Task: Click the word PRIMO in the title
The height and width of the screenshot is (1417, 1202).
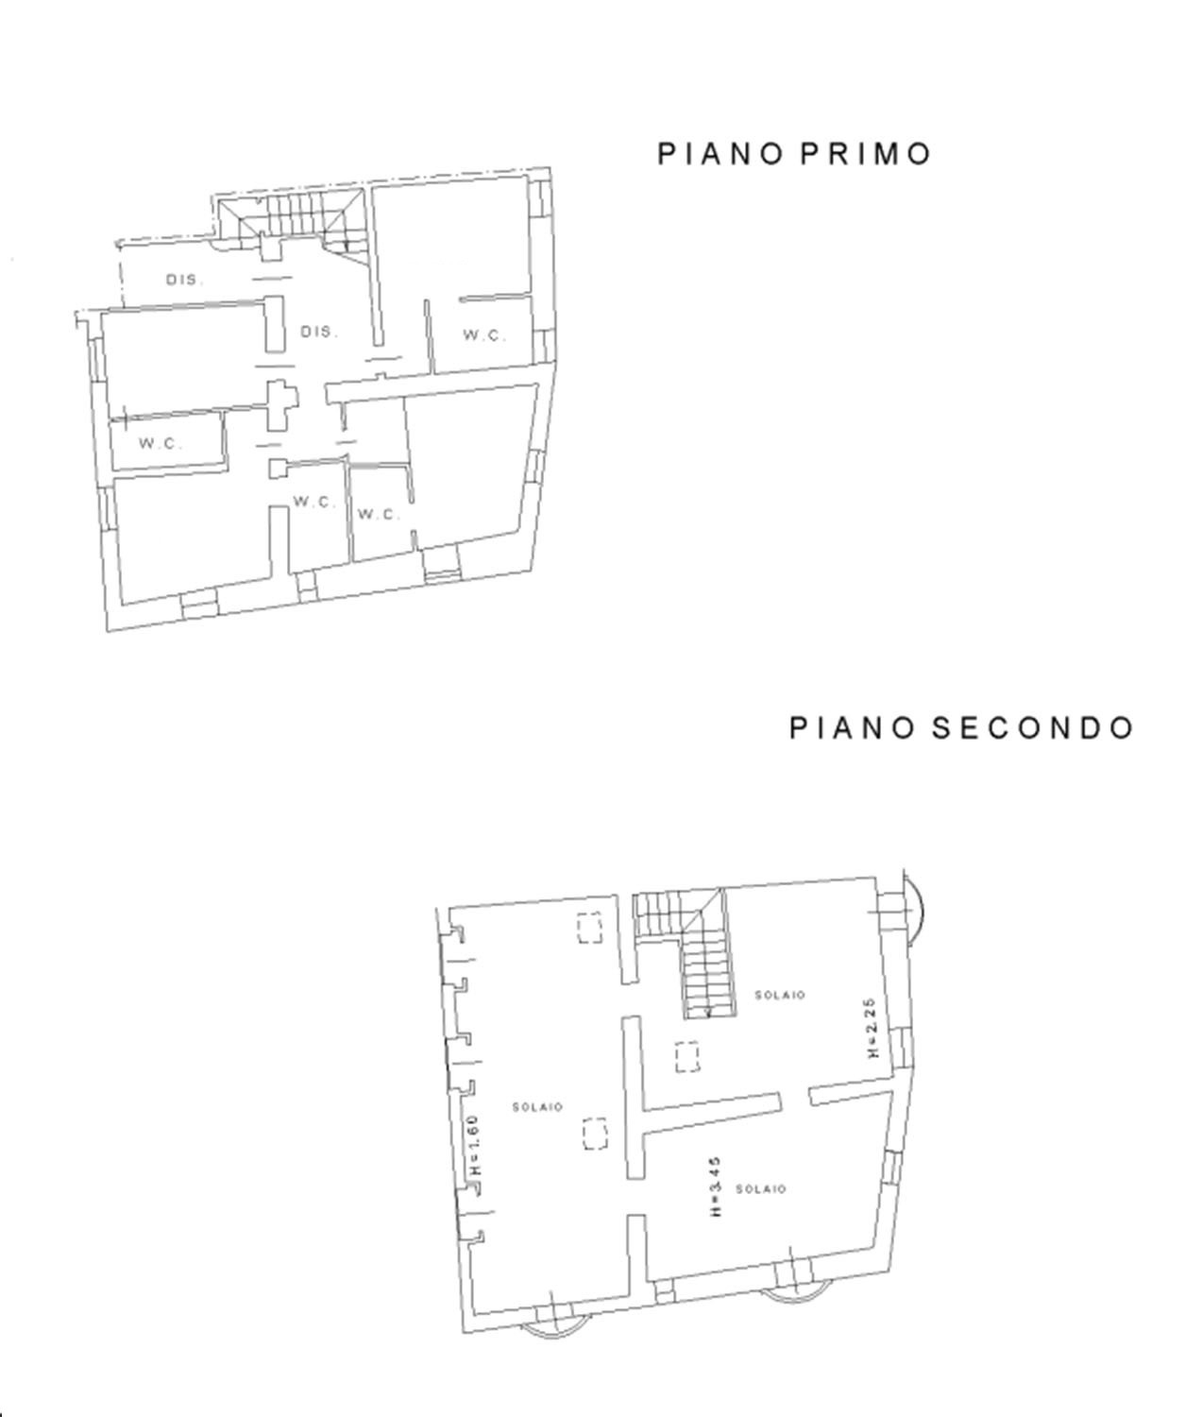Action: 865,154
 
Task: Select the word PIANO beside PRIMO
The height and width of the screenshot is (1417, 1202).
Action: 719,154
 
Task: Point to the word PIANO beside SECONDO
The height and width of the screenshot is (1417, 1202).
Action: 852,727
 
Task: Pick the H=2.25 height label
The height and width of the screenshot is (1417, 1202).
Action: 871,1029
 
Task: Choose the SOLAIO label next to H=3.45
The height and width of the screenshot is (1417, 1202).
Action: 761,1189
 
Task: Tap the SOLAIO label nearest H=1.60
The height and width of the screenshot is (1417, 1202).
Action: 538,1107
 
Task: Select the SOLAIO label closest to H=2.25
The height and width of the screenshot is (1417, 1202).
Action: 780,995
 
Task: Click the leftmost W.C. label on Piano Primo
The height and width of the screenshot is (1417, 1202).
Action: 161,444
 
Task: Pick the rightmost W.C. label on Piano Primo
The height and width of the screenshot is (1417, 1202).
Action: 484,335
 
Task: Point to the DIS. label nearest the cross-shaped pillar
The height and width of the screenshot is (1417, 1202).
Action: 319,332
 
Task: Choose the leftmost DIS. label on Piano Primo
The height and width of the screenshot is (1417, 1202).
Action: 185,280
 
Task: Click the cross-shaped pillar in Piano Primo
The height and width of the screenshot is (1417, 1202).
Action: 281,404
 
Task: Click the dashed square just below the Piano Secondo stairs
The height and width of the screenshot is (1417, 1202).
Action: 687,1056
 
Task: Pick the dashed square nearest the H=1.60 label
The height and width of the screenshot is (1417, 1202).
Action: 595,1134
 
